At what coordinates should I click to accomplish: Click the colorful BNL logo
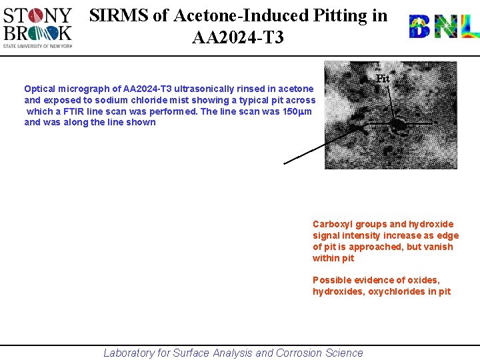443,27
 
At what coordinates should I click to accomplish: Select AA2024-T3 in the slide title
237,37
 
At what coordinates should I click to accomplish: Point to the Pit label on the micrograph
383,79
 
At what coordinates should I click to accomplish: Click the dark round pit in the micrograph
398,125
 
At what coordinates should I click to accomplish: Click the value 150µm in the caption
298,111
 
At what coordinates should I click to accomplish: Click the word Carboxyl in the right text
332,225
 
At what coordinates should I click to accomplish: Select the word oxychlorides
395,292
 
